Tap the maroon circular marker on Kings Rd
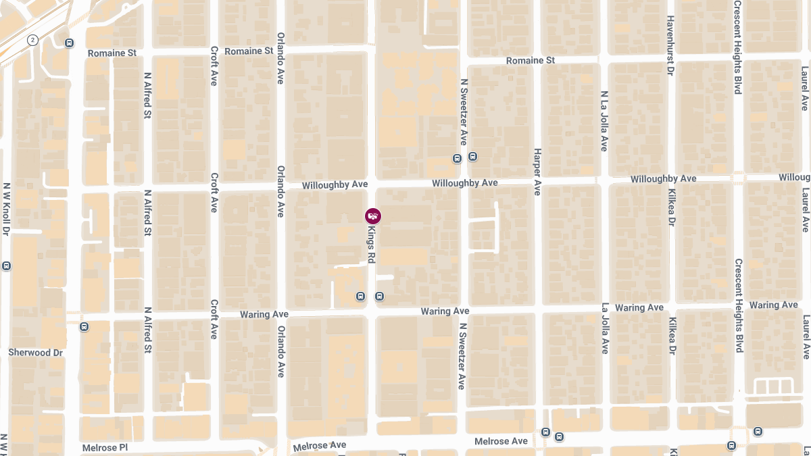click(x=372, y=216)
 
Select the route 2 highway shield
click(x=32, y=41)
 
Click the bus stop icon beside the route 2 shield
click(x=69, y=43)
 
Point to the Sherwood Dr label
click(x=35, y=353)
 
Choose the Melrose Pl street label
click(x=105, y=448)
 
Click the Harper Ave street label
click(x=537, y=172)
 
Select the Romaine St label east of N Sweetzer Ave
click(x=531, y=61)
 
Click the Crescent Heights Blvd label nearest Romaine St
click(x=738, y=47)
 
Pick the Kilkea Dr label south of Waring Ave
click(x=672, y=336)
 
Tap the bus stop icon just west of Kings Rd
click(x=361, y=296)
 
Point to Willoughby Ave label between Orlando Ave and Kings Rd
click(x=335, y=185)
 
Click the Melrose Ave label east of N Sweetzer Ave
click(x=501, y=442)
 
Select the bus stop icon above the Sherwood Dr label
click(x=84, y=327)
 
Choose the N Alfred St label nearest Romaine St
click(x=147, y=96)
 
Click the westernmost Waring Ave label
click(x=264, y=315)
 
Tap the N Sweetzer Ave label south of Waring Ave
click(x=462, y=356)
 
